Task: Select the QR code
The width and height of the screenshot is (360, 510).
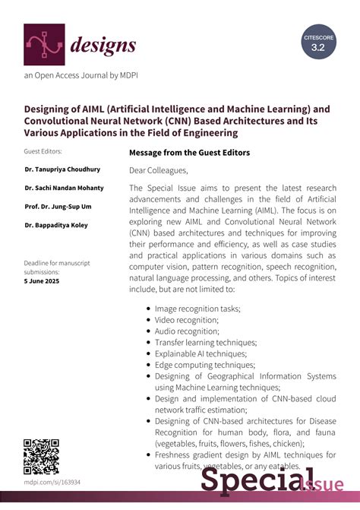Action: tap(41, 457)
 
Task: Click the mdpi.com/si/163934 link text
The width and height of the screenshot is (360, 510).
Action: tap(52, 483)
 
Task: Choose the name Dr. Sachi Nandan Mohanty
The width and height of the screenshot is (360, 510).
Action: tap(65, 188)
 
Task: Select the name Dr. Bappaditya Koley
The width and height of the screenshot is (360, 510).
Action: tap(57, 224)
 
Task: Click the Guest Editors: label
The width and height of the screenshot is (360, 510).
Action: tap(43, 152)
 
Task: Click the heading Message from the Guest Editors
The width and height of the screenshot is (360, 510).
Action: tap(189, 152)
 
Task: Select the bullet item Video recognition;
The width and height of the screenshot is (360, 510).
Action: tap(186, 320)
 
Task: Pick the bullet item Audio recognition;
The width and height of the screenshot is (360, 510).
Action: tap(187, 331)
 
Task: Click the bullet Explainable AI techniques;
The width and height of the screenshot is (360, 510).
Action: tap(197, 353)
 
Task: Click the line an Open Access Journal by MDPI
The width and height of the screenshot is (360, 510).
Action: tap(81, 75)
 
